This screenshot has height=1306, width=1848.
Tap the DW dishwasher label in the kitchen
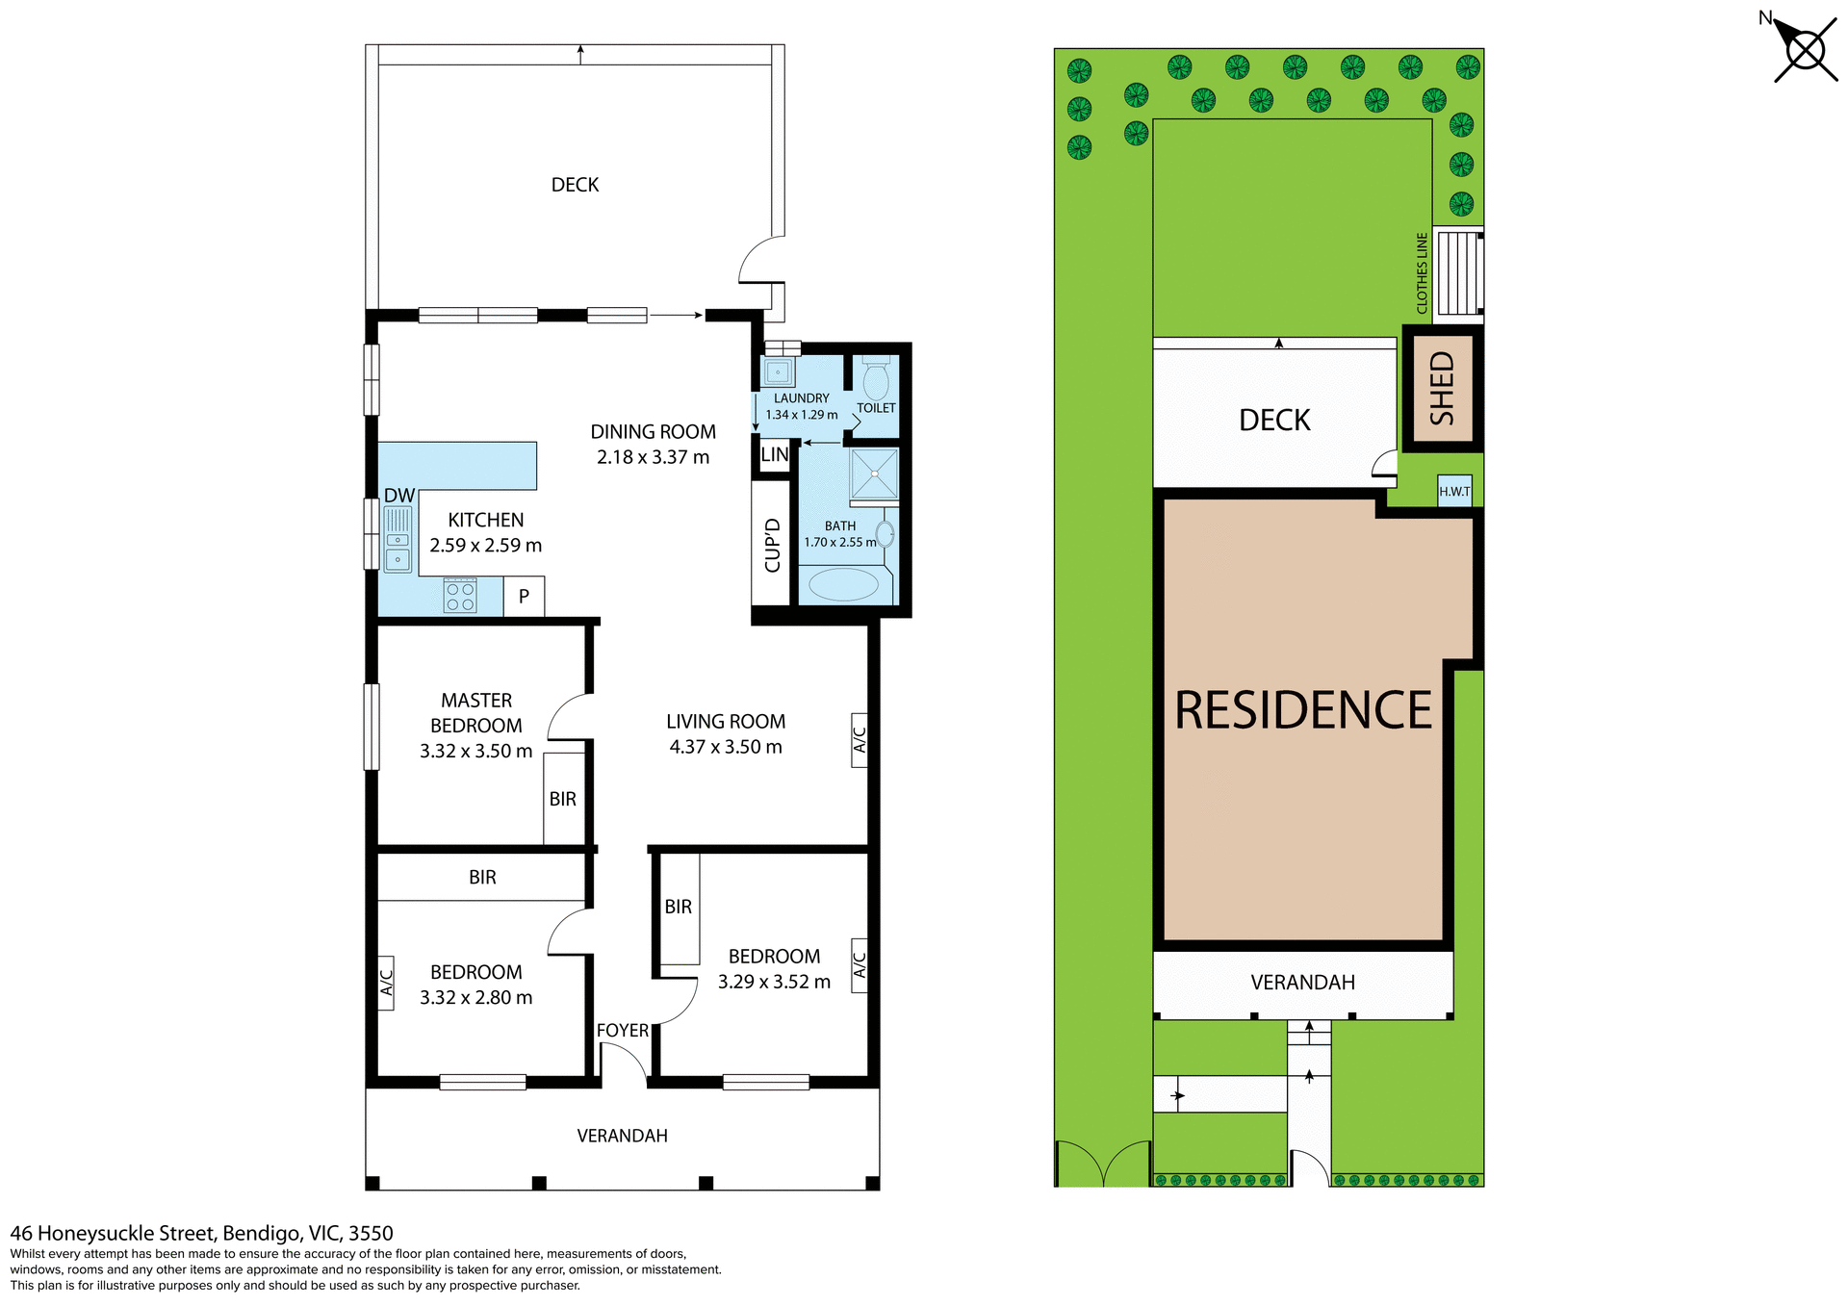tap(399, 496)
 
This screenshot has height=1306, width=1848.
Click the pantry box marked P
tap(524, 597)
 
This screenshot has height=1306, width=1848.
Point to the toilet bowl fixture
tap(875, 380)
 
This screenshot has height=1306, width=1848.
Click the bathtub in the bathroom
tap(844, 584)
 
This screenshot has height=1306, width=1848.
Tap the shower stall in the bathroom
tap(874, 474)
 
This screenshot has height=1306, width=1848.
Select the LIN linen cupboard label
tap(774, 455)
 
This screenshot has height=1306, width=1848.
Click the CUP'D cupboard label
tap(772, 546)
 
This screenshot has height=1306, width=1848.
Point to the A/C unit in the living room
tap(860, 739)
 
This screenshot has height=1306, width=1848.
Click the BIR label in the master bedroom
tap(563, 799)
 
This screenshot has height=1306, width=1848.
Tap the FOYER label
tap(623, 1031)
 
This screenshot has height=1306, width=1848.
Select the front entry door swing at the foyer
tap(626, 1063)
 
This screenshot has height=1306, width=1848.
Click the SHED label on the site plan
tap(1442, 389)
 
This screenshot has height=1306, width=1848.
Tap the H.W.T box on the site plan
tap(1454, 491)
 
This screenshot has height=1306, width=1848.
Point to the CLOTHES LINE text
tap(1422, 273)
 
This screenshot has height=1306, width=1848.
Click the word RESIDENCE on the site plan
tap(1303, 711)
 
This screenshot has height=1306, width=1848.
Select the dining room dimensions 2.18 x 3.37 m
tap(653, 457)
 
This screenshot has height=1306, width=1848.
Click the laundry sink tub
tap(778, 371)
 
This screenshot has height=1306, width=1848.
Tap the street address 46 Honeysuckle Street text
tap(201, 1233)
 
